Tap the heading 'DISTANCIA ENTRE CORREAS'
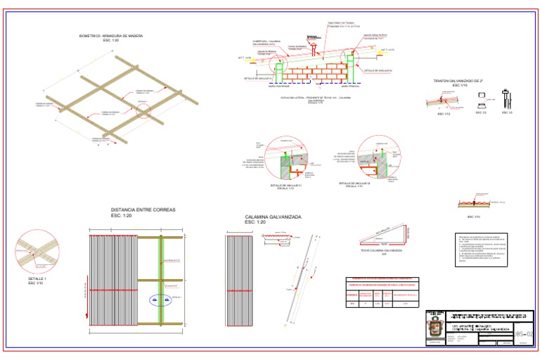tap(143, 210)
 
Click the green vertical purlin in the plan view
tap(160, 281)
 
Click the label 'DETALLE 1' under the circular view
tap(36, 279)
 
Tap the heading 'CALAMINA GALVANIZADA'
tap(273, 217)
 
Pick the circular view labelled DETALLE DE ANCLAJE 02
tap(377, 157)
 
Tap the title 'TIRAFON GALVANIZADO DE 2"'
tap(461, 81)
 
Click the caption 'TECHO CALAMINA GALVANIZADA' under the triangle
tap(381, 250)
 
